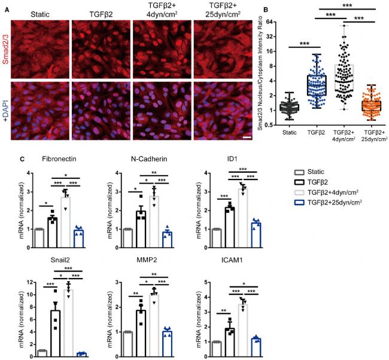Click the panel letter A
tap(6, 5)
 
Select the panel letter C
tap(23, 159)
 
